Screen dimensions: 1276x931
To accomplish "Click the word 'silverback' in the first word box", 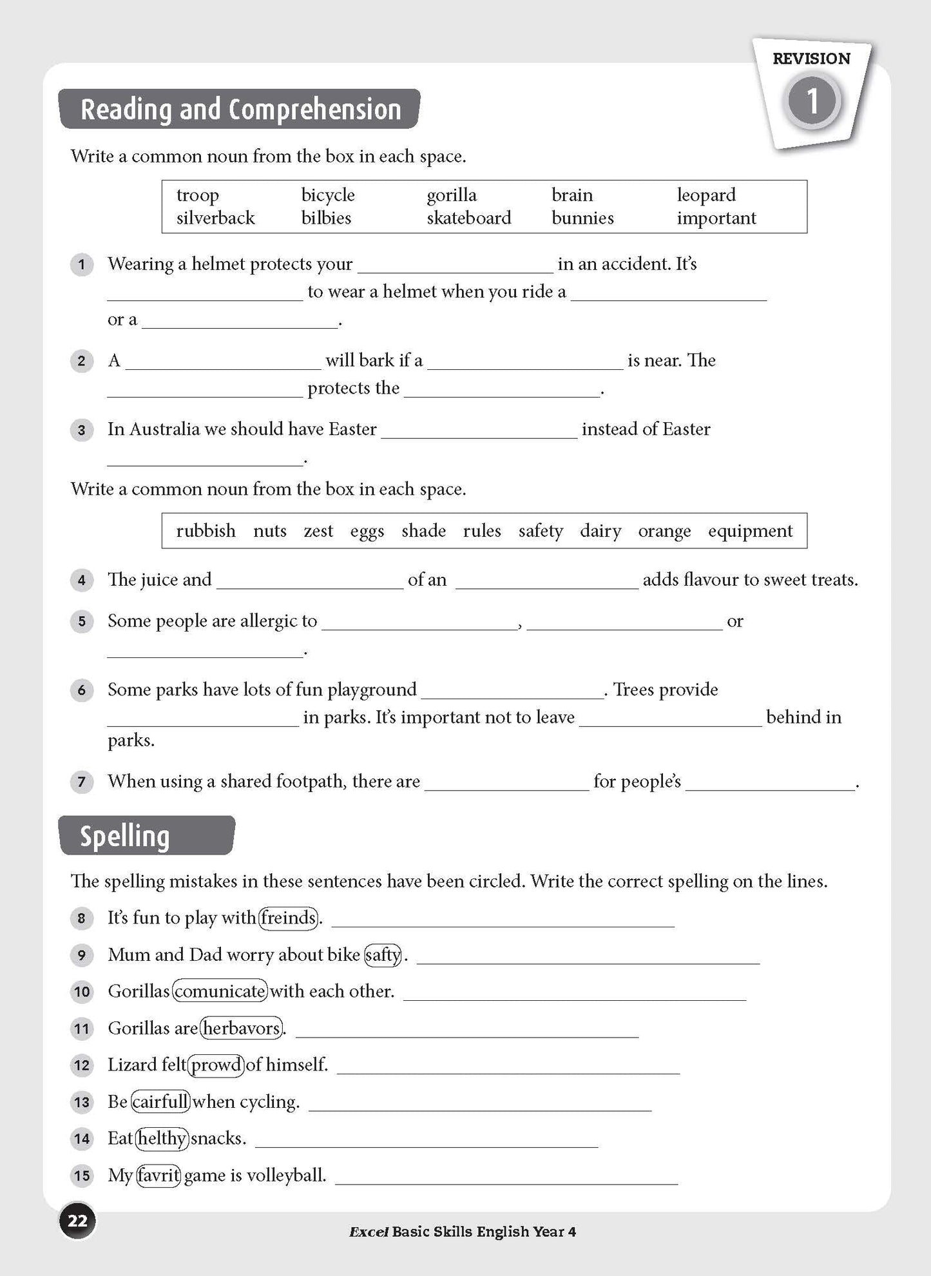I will click(x=215, y=218).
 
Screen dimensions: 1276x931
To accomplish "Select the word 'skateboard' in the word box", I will click(x=468, y=218).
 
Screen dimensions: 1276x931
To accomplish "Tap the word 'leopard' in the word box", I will click(x=705, y=195).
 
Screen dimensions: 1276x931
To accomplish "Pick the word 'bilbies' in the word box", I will click(x=326, y=218).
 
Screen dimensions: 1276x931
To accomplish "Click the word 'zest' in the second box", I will click(x=318, y=530).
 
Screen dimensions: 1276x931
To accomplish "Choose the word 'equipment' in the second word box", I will click(x=750, y=530).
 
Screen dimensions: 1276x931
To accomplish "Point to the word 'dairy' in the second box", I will click(x=600, y=530).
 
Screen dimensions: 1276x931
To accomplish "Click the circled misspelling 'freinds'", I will click(x=288, y=917).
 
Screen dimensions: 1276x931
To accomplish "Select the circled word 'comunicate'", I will click(x=220, y=991).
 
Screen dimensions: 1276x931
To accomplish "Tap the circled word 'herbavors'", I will click(x=242, y=1027).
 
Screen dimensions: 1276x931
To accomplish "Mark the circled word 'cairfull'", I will click(x=160, y=1101).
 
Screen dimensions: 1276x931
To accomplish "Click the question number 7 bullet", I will click(x=82, y=782).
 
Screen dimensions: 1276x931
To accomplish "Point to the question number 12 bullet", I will click(x=82, y=1065).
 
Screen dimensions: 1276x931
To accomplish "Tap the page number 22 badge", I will click(x=77, y=1221).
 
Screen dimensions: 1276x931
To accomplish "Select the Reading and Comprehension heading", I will click(x=240, y=109).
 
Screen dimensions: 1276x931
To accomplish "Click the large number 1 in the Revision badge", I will click(x=812, y=101).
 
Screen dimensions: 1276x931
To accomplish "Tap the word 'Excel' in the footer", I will click(x=369, y=1232).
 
